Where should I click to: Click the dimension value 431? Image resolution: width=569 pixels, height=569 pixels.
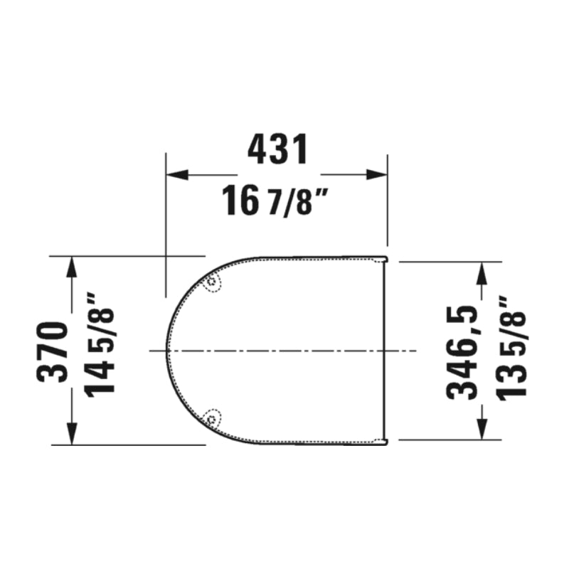coord(278,149)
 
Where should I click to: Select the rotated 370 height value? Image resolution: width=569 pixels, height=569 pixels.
coord(53,351)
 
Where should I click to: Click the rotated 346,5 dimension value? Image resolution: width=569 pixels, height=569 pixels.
coord(462,351)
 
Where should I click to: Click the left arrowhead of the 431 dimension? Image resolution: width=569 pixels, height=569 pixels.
coord(175,175)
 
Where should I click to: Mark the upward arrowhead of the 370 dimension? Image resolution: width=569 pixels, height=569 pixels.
coord(71,266)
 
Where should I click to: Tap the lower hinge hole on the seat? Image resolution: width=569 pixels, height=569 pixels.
coord(212,418)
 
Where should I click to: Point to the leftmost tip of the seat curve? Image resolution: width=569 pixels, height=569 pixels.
coord(166,350)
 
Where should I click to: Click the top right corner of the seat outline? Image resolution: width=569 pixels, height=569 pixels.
coord(386,257)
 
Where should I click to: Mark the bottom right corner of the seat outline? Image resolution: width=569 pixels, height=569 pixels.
coord(386,443)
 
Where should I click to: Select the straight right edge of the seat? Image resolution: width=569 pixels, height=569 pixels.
coord(386,350)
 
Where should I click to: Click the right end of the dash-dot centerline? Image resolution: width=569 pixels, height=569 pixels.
coord(415,350)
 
